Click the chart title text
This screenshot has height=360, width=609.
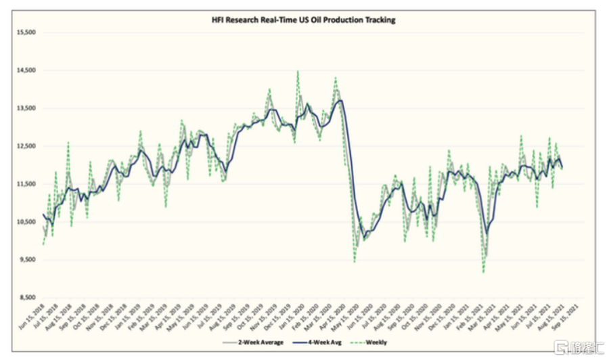click(x=303, y=20)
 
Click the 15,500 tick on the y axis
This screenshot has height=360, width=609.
click(x=25, y=32)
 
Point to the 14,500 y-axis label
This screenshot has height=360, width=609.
click(x=25, y=70)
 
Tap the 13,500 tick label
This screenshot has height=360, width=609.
click(x=25, y=108)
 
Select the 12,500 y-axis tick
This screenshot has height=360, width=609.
click(x=25, y=146)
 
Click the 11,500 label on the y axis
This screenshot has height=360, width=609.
click(x=25, y=184)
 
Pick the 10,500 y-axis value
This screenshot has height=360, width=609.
click(x=25, y=222)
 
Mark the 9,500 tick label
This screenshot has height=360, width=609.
click(x=25, y=260)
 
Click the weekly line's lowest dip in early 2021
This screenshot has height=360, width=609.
click(x=483, y=272)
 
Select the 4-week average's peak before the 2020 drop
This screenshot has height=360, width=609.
click(x=340, y=101)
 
